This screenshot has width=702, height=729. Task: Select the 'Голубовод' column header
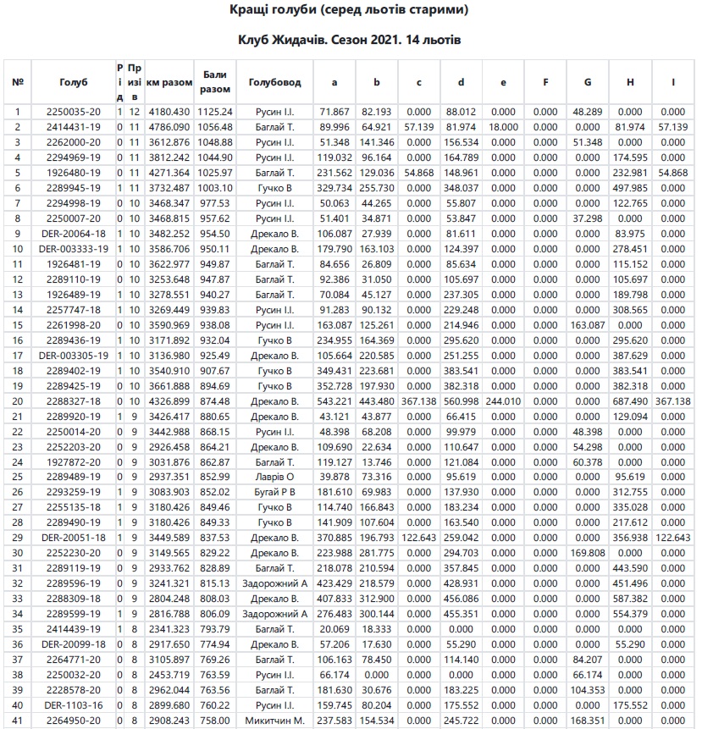tap(274, 82)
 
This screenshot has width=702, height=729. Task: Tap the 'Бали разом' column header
tap(216, 82)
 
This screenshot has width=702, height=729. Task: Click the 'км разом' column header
tap(169, 82)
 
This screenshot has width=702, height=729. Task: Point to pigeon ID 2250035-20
tap(74, 112)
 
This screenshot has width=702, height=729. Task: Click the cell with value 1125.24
tap(216, 112)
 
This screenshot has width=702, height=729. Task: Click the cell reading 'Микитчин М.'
tap(274, 720)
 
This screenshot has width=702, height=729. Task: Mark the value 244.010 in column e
tap(503, 400)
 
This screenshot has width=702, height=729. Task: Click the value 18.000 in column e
tap(503, 127)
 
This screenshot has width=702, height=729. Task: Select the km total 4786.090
tap(169, 127)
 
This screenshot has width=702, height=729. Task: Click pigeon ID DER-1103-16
tap(74, 704)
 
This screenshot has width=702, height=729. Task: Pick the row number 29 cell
tap(18, 538)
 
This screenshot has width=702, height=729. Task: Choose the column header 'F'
tap(545, 82)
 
